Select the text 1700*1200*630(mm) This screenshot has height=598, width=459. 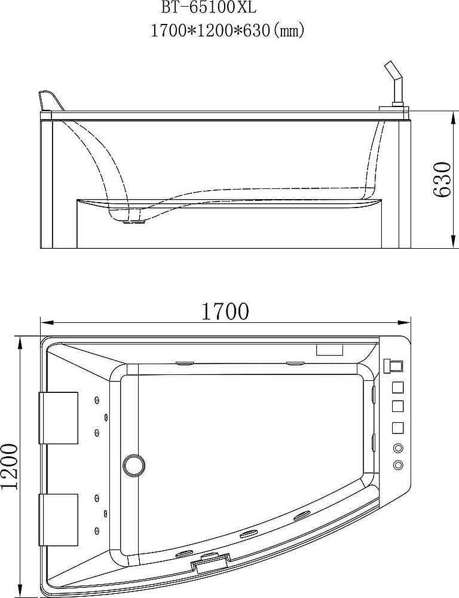pos(228,30)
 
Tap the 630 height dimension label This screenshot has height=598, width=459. pos(442,179)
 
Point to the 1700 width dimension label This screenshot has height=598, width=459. pos(225,311)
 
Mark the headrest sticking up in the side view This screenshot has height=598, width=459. pos(50,100)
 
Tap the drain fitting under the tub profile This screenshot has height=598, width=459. pos(135,221)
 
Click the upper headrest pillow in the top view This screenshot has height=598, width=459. pos(59,418)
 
